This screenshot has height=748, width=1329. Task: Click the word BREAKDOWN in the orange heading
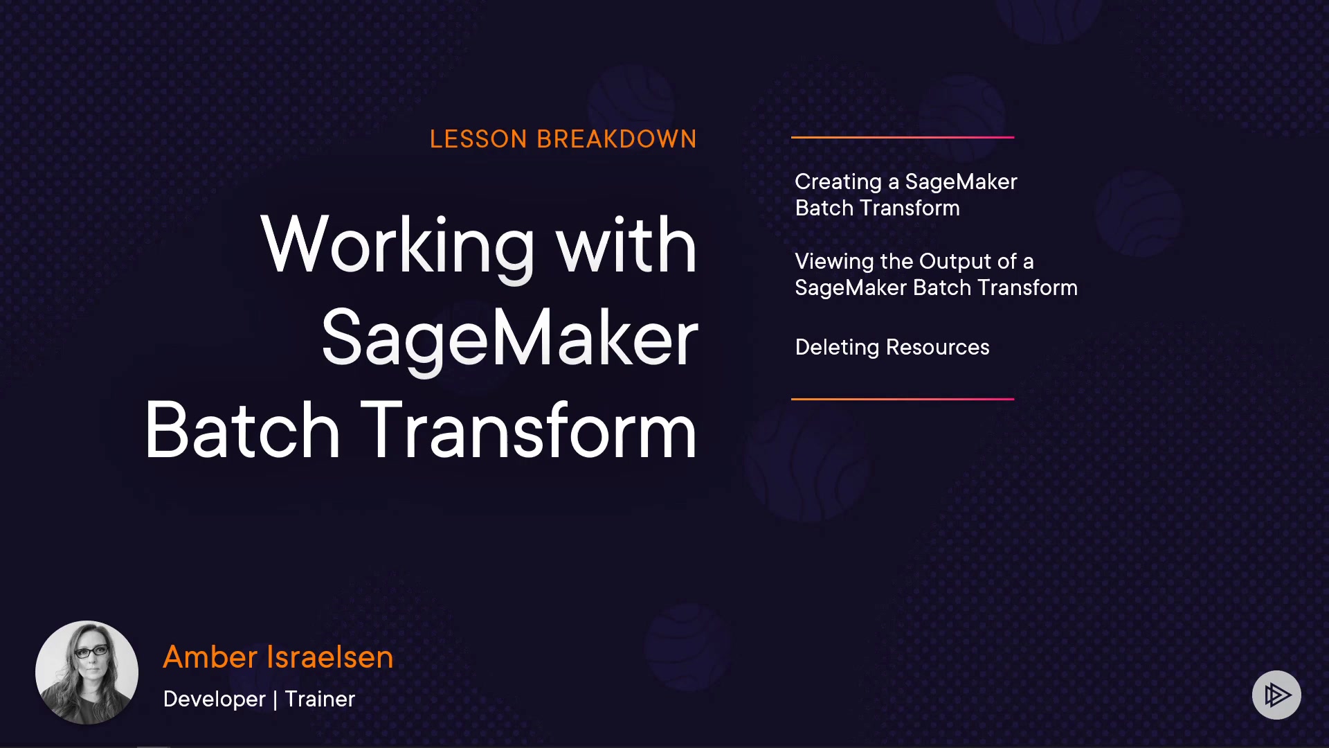617,139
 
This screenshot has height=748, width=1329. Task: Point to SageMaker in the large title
510,339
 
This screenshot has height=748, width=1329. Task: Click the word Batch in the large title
242,430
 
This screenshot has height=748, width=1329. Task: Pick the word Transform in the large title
529,430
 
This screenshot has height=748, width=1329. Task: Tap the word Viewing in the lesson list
835,262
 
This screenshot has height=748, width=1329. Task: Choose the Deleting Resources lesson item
892,348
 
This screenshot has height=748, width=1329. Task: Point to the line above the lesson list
903,137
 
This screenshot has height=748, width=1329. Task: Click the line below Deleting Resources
903,399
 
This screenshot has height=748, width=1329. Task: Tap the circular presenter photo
87,673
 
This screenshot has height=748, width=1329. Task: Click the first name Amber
210,657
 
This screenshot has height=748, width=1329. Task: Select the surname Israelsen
330,657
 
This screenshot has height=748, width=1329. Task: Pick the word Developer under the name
214,700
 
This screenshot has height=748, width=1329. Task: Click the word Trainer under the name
320,699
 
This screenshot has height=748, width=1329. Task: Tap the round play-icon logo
1276,695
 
